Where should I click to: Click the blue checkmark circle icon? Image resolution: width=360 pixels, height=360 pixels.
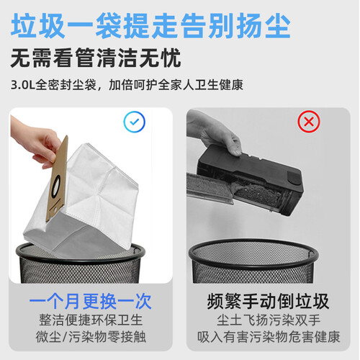[x=134, y=122]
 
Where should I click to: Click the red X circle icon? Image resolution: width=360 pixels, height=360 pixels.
[x=309, y=122]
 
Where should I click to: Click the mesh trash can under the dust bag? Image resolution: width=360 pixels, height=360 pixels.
[x=81, y=264]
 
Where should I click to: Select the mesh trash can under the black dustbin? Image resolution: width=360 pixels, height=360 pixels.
[x=253, y=261]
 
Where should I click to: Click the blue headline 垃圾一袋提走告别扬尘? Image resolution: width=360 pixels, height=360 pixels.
[x=150, y=26]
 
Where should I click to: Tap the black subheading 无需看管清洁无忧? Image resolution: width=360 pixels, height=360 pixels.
[x=96, y=58]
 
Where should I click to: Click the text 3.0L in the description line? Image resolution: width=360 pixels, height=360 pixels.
[x=23, y=85]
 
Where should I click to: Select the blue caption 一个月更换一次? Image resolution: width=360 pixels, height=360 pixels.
[x=91, y=301]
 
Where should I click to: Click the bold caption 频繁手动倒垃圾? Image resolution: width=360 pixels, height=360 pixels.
[x=268, y=301]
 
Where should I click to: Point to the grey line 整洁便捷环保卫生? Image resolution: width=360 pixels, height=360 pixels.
[x=91, y=320]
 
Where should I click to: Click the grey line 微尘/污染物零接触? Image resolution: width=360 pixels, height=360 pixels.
[x=91, y=336]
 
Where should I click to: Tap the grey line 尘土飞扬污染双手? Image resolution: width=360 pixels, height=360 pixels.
[x=269, y=320]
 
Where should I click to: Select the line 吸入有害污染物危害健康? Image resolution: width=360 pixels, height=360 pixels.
[x=269, y=336]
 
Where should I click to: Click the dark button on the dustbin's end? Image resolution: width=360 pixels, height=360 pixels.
[x=294, y=178]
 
